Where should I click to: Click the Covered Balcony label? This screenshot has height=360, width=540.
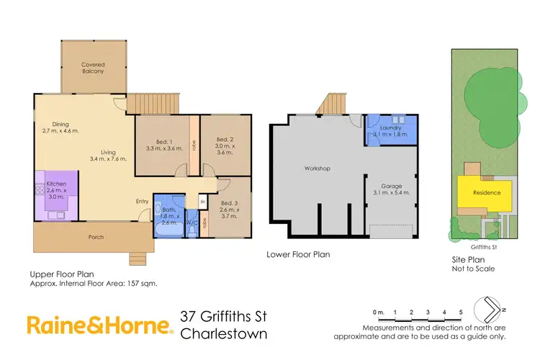[x=93, y=68]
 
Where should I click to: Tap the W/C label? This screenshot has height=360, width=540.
[x=192, y=222]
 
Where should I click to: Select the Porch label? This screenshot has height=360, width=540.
[x=95, y=237]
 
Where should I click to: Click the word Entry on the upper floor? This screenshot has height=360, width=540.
[x=143, y=201]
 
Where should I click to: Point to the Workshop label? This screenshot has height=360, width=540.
[x=316, y=168]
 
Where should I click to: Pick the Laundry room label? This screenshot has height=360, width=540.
[x=391, y=126]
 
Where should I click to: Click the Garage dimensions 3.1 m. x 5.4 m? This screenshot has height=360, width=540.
[x=391, y=193]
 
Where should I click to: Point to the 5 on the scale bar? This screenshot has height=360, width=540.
[x=461, y=312]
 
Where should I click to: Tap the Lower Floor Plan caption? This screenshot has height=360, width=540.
[x=298, y=254]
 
